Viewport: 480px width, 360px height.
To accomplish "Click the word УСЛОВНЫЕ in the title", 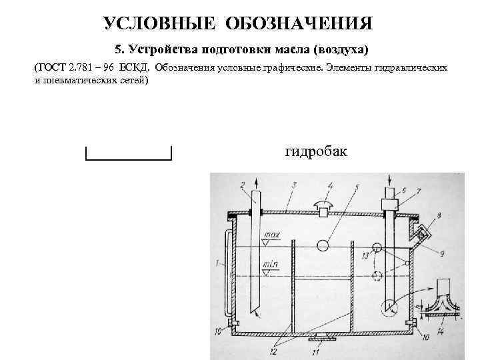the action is coord(159,24).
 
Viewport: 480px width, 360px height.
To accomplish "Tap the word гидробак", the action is coord(316,152).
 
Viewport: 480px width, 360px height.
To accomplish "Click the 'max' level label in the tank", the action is coord(272,235).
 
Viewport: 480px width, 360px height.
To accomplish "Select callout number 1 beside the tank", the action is coord(218,265).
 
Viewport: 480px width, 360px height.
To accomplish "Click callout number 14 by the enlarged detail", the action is coord(439,331).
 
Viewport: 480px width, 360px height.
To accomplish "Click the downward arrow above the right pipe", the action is coord(389,180).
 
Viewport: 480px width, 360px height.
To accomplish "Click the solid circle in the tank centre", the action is coord(323,245).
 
